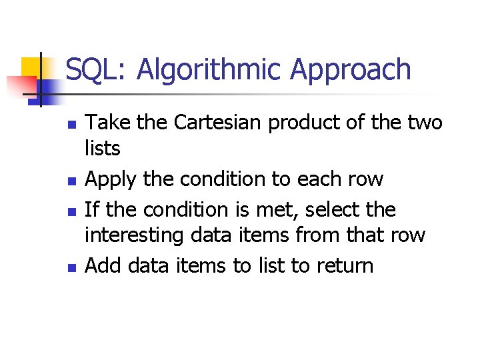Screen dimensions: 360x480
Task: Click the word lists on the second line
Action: (103, 149)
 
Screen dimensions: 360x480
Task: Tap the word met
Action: (275, 210)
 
